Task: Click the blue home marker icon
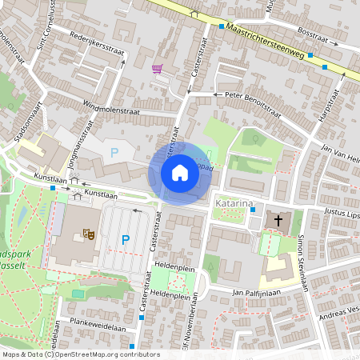point(180,172)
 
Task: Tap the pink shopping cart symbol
point(158,69)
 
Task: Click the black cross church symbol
point(278,220)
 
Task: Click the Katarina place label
point(233,205)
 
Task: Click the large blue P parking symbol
point(125,239)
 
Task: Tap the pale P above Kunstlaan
point(114,151)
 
